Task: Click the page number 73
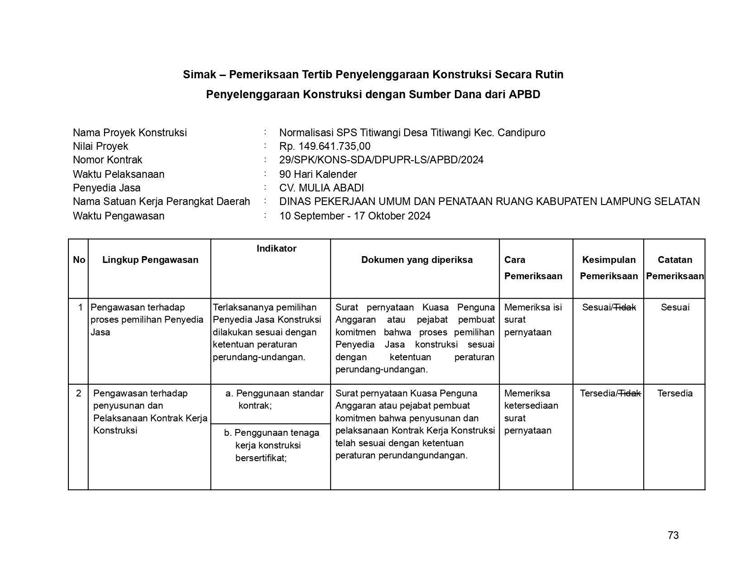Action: pyautogui.click(x=673, y=535)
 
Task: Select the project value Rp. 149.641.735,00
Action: pyautogui.click(x=325, y=146)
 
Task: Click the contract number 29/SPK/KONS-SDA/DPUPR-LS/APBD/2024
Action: pyautogui.click(x=381, y=160)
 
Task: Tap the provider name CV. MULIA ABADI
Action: pyautogui.click(x=321, y=188)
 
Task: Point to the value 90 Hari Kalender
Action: pyautogui.click(x=318, y=174)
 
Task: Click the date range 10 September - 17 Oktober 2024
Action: pyautogui.click(x=354, y=216)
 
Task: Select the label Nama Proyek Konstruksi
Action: pyautogui.click(x=129, y=133)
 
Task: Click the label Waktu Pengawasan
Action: pyautogui.click(x=118, y=216)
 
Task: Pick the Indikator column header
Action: pyautogui.click(x=276, y=248)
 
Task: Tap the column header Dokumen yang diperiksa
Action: pyautogui.click(x=417, y=260)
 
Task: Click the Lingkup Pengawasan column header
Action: pyautogui.click(x=150, y=260)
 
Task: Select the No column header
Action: pyautogui.click(x=79, y=260)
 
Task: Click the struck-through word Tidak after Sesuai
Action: pyautogui.click(x=625, y=307)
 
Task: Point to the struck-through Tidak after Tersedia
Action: pyautogui.click(x=630, y=393)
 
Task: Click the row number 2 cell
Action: pyautogui.click(x=79, y=393)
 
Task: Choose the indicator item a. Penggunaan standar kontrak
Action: pyautogui.click(x=274, y=399)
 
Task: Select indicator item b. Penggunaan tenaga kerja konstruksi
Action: pyautogui.click(x=271, y=445)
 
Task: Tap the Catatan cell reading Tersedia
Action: pyautogui.click(x=675, y=393)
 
